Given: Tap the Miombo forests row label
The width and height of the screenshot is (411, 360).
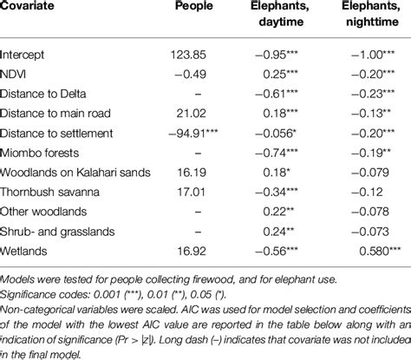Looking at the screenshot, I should tap(40, 151).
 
